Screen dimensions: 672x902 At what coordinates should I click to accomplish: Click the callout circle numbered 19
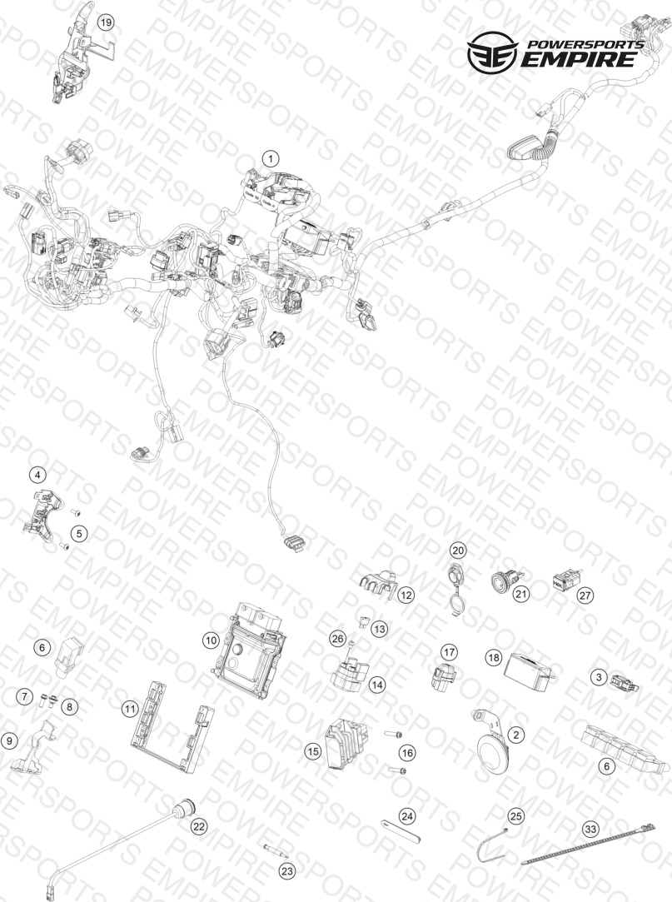105,22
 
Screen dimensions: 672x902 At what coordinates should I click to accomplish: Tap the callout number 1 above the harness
271,158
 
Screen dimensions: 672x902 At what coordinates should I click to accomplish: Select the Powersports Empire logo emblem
491,53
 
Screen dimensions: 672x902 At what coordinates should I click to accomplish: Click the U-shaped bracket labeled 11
171,726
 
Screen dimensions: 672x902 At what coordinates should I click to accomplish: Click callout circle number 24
407,816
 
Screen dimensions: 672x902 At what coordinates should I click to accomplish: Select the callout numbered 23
286,871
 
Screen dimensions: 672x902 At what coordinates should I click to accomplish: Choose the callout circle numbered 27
585,596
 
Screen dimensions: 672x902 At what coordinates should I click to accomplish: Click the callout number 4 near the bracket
38,476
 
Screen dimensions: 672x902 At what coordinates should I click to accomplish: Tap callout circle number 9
8,741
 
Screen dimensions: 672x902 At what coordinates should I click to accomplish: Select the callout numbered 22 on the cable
198,827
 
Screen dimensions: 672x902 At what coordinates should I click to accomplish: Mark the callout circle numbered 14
377,685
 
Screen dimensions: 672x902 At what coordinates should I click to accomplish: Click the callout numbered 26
338,638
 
